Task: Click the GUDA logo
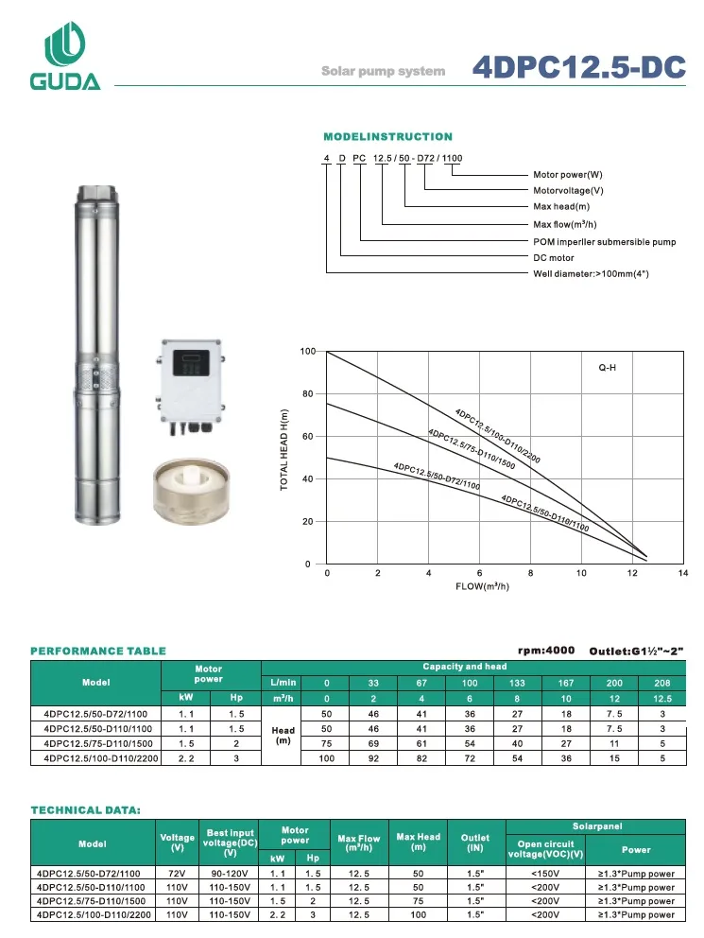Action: click(65, 57)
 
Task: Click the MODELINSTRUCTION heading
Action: click(387, 137)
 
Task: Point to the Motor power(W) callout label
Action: click(567, 175)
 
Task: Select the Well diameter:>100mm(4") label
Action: click(592, 273)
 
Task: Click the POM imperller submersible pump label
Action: click(605, 241)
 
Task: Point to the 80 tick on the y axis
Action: click(307, 394)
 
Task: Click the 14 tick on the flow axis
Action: click(683, 573)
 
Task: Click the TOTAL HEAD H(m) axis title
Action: click(284, 449)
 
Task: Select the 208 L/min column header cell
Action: click(662, 682)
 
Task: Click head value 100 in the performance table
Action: click(327, 757)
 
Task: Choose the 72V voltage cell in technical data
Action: click(177, 874)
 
